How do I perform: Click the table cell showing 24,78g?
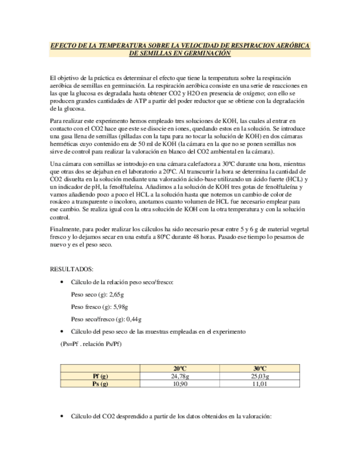coord(180,376)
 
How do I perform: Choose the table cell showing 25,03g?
coord(259,376)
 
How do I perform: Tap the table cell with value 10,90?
coord(180,384)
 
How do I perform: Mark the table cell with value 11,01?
coord(259,384)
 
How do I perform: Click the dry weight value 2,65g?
coord(117,295)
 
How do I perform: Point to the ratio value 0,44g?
coord(134,319)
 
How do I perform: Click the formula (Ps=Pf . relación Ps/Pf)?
coord(91,344)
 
